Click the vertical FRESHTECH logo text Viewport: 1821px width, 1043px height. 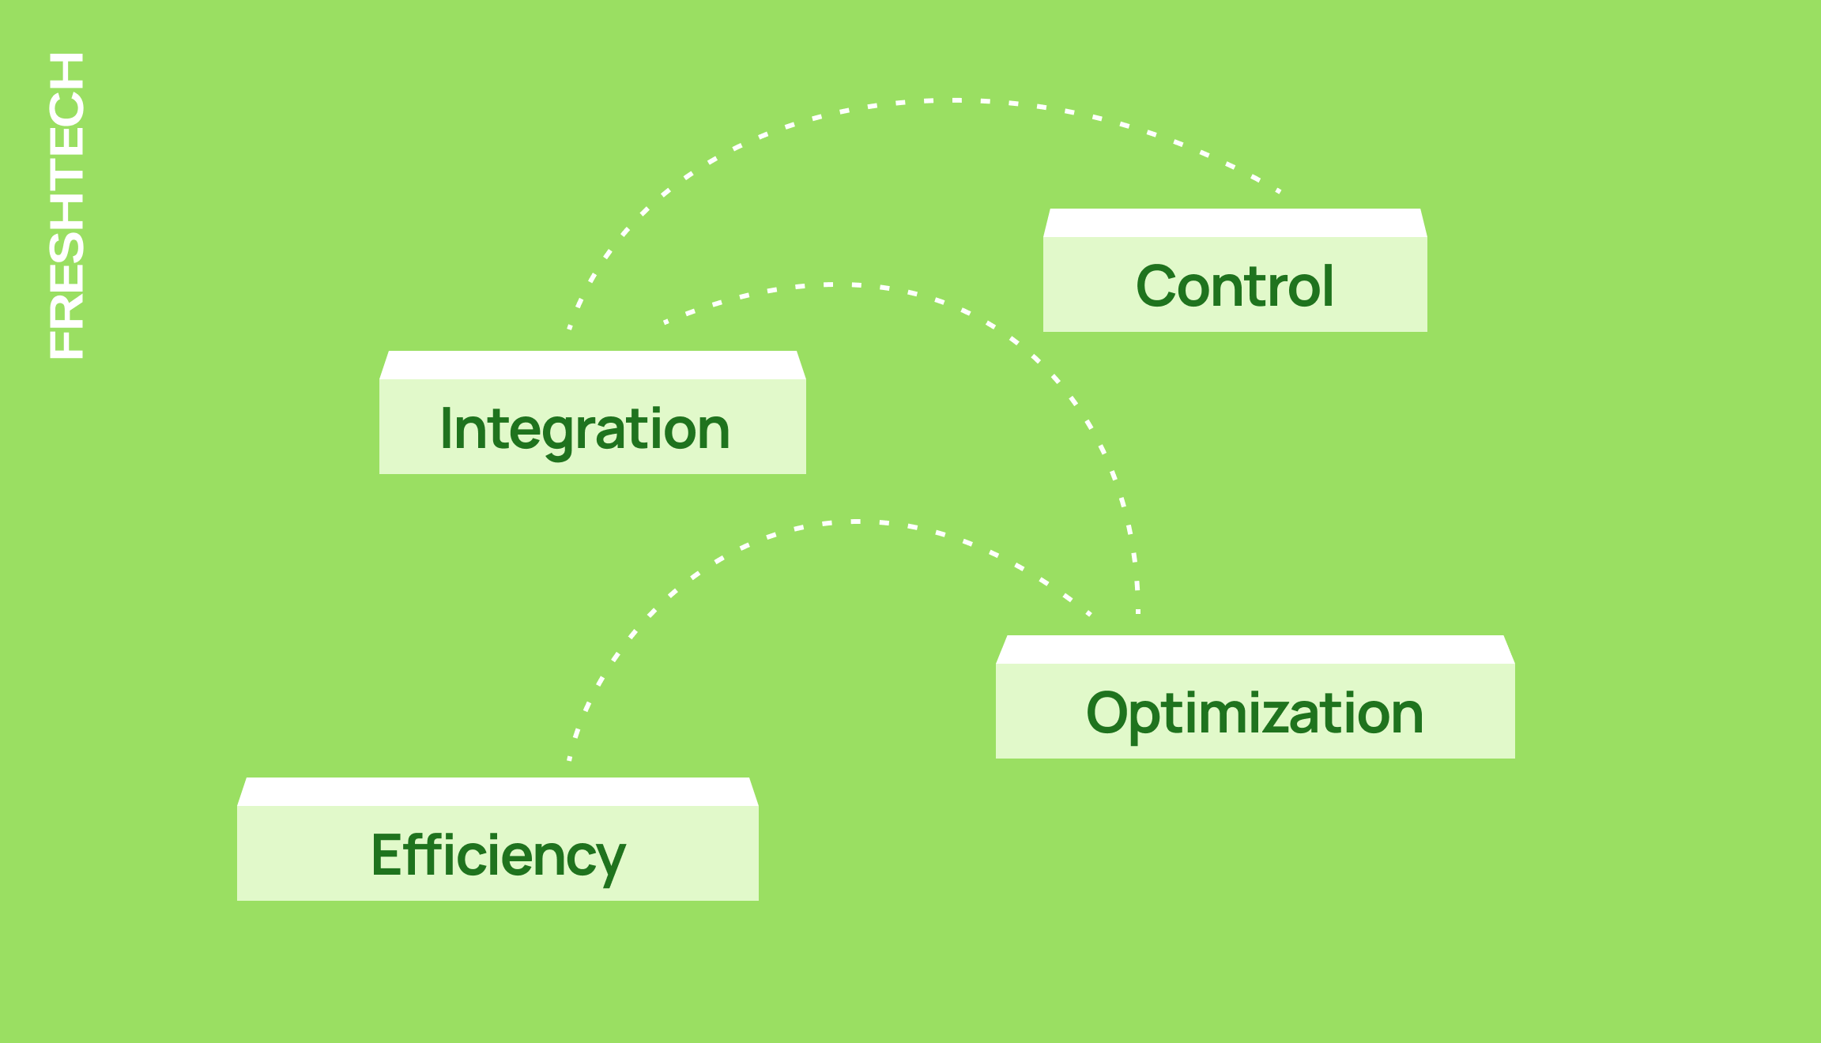pos(66,205)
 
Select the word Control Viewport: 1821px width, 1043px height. pos(1235,286)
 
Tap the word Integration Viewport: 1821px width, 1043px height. pos(585,429)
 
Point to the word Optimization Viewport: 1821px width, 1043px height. pos(1255,713)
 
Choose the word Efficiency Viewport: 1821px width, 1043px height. pos(498,856)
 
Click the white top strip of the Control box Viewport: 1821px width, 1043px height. pos(1235,223)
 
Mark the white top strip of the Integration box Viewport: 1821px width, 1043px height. pos(593,365)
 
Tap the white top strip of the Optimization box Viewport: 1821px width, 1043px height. pos(1255,650)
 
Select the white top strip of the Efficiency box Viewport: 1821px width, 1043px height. pos(498,792)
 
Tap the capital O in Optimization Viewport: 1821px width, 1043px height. pos(1110,713)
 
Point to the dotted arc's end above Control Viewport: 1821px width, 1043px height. pos(1279,190)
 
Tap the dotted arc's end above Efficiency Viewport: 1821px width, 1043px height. pos(569,759)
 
